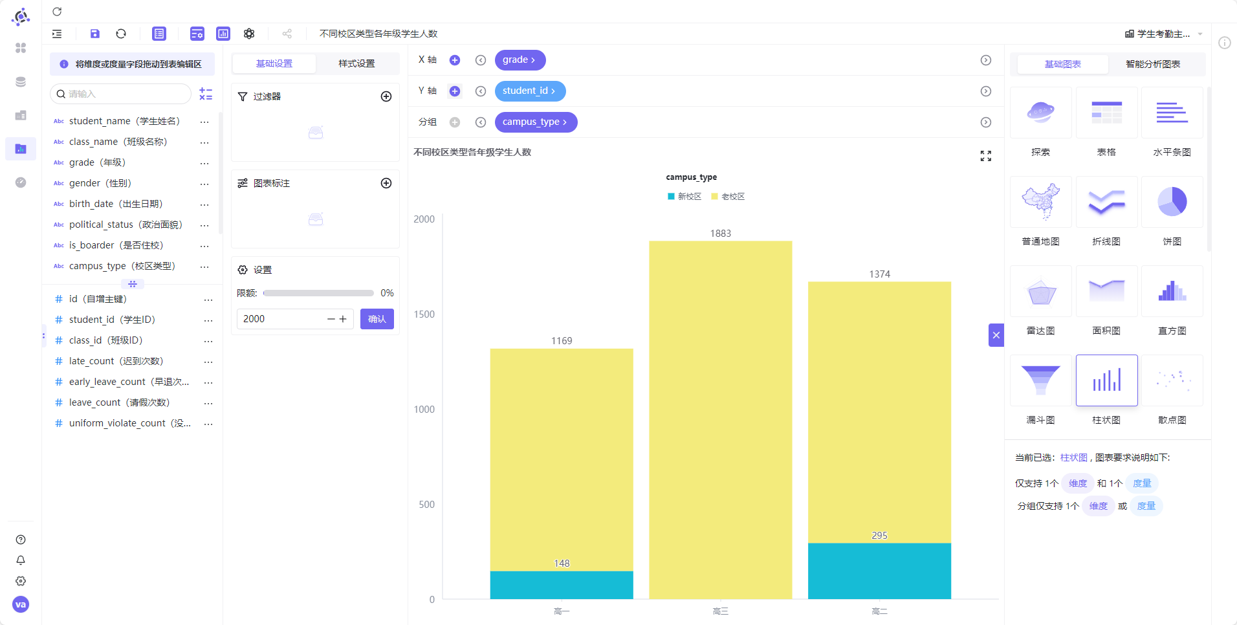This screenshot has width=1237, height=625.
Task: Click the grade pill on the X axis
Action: tap(520, 60)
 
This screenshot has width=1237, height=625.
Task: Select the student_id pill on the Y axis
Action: tap(530, 91)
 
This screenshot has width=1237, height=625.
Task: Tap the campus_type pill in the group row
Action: tap(536, 122)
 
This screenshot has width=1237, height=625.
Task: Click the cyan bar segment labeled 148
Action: tap(562, 585)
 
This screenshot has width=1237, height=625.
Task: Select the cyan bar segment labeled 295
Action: tap(879, 571)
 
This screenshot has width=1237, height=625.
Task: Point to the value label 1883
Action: tap(721, 234)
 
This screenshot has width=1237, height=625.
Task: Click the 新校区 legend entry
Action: tap(684, 197)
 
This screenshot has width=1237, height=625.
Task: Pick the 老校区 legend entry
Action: tap(728, 197)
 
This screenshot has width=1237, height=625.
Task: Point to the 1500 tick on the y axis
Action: tap(424, 314)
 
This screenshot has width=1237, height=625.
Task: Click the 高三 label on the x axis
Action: tap(721, 611)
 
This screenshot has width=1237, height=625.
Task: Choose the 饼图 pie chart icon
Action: tap(1172, 202)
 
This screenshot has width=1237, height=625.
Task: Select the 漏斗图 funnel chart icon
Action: tap(1041, 380)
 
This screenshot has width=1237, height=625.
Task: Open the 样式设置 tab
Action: tap(356, 63)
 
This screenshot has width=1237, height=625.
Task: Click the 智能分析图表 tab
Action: tap(1153, 64)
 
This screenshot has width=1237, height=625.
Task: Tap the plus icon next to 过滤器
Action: tap(386, 96)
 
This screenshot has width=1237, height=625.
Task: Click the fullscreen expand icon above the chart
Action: tap(986, 156)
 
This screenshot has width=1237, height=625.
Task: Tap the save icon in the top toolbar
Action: tap(95, 34)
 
